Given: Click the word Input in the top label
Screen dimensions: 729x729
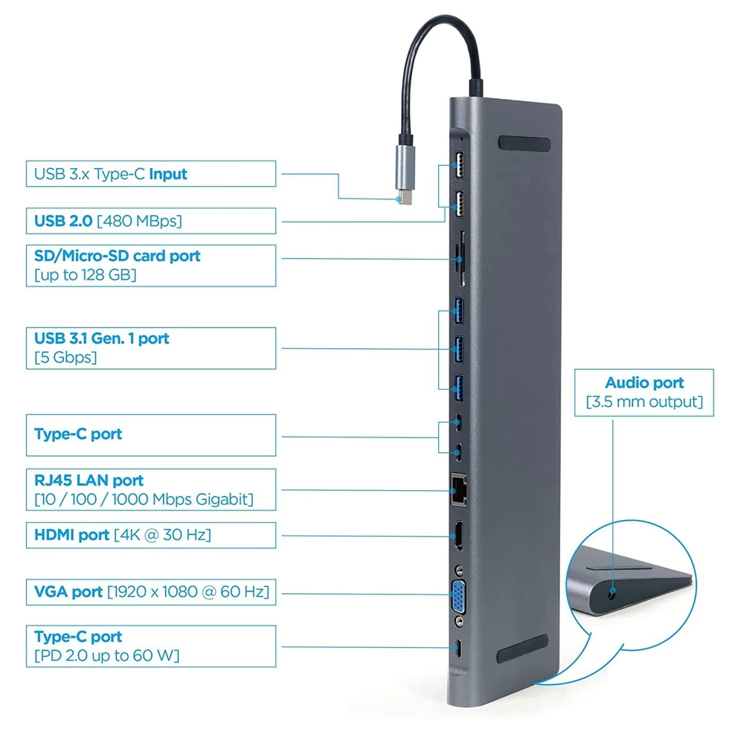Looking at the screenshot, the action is click(168, 174).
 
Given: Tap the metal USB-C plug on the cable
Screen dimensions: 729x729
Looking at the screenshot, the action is click(405, 174).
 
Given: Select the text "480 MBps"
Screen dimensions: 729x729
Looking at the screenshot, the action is click(139, 221).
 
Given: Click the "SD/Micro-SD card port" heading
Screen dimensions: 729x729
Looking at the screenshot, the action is click(118, 256).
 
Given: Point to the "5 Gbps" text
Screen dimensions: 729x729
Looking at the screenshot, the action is click(65, 358).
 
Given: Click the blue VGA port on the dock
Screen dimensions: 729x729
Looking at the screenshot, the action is click(459, 597).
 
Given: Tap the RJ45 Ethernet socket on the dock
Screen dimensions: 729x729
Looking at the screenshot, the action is click(458, 489).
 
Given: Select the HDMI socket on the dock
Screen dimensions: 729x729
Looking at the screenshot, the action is click(459, 536).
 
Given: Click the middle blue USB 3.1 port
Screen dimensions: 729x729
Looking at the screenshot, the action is click(459, 349).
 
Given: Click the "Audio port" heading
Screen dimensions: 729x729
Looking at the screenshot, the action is click(644, 382).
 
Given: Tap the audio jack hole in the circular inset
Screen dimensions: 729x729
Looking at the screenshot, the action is click(612, 592).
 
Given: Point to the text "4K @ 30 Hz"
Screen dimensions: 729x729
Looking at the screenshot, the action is click(163, 535).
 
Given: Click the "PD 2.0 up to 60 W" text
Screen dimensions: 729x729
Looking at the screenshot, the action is click(107, 655).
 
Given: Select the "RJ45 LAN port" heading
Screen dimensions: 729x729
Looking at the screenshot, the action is click(89, 481).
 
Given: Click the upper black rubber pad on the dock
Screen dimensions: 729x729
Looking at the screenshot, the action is click(524, 144).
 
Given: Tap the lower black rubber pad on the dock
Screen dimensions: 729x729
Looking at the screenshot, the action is click(522, 649).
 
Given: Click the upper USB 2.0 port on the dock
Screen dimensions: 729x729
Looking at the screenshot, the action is click(459, 164).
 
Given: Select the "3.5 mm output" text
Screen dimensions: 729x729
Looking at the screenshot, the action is click(644, 402).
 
